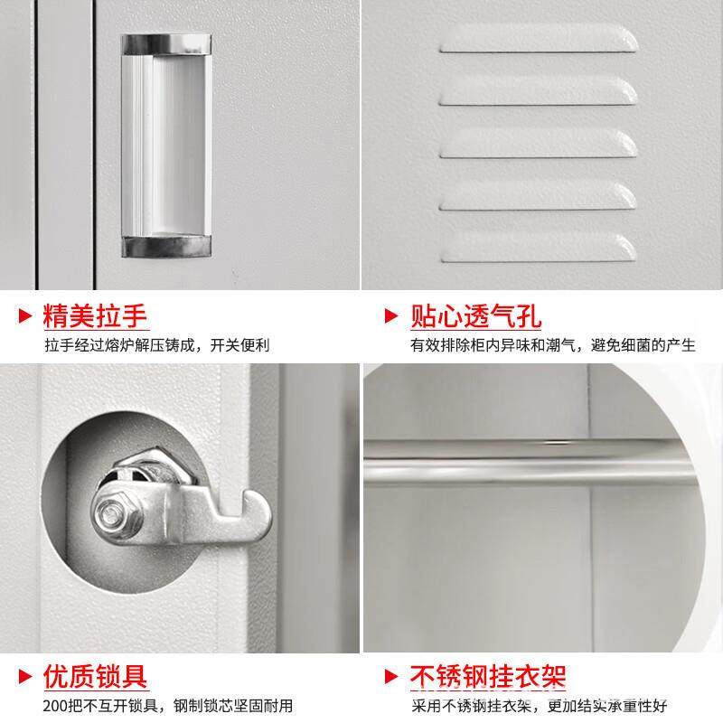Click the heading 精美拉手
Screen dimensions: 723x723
[95, 316]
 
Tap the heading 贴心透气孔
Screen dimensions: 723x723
[476, 316]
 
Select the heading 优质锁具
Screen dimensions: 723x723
[95, 675]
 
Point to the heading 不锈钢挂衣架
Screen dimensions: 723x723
[489, 675]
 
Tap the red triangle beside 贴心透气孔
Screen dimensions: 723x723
[391, 316]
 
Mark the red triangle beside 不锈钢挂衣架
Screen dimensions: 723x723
[391, 675]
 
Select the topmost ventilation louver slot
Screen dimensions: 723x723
[537, 39]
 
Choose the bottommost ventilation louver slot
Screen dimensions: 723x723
[537, 246]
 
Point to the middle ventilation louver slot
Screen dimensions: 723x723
[537, 143]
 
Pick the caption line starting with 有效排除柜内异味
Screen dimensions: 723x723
[552, 345]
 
